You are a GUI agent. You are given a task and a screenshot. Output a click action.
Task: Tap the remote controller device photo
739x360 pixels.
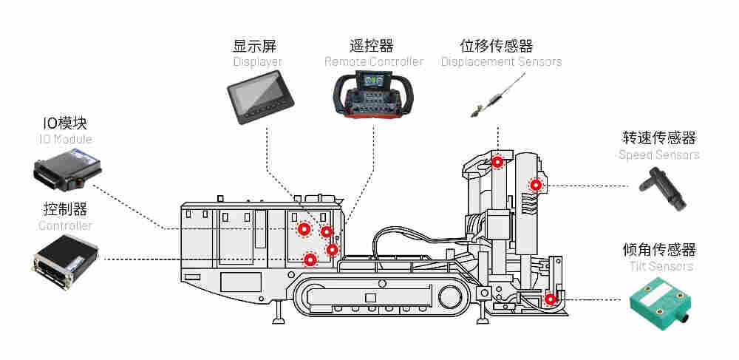[x=373, y=95]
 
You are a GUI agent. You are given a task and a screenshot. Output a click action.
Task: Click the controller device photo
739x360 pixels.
[x=66, y=261]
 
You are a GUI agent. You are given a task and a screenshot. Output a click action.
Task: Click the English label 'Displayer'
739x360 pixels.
[x=257, y=62]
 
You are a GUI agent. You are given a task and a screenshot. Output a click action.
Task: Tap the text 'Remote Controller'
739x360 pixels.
[x=373, y=62]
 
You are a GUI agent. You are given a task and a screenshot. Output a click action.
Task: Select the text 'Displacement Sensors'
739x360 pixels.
[x=501, y=62]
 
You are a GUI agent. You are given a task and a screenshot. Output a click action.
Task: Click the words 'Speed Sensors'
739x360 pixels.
[x=658, y=154]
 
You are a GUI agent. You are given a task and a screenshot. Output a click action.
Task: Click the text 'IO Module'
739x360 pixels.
[x=65, y=139]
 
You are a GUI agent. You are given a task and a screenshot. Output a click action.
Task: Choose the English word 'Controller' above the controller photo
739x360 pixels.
[x=65, y=225]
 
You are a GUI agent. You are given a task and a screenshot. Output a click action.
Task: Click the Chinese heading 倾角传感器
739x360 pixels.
[x=659, y=250]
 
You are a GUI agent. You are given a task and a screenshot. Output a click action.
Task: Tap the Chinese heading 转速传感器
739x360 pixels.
[x=659, y=138]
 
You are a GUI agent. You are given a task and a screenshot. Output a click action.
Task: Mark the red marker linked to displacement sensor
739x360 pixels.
[x=498, y=161]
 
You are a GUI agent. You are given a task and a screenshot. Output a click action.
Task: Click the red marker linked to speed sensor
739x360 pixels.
[x=535, y=184]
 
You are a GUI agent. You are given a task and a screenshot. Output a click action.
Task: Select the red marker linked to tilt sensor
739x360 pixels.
[x=550, y=299]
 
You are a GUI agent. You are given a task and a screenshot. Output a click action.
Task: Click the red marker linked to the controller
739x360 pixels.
[x=310, y=259]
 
